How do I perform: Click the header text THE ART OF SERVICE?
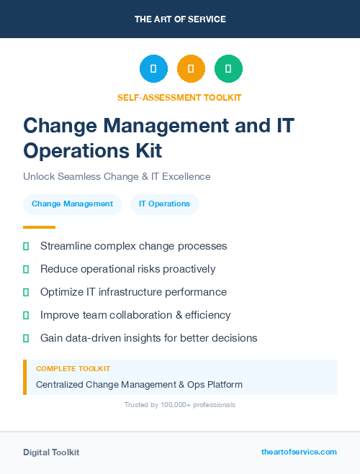tap(180, 19)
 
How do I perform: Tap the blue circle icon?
tap(153, 69)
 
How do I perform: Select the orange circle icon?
tap(191, 69)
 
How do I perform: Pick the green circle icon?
tap(228, 69)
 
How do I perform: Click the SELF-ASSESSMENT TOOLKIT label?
tap(179, 97)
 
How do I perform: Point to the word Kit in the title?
tap(144, 150)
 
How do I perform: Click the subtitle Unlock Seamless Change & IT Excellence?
tap(117, 176)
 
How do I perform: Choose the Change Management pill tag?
tap(72, 204)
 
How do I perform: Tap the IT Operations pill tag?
tap(164, 204)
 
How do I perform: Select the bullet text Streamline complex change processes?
tap(133, 246)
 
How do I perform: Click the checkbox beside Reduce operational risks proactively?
tap(26, 269)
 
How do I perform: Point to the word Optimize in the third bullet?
tap(62, 292)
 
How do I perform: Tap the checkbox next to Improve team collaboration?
tap(26, 315)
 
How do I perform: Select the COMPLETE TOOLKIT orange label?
tap(73, 368)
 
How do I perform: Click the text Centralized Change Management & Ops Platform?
tap(139, 385)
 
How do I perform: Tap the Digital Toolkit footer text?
tap(51, 452)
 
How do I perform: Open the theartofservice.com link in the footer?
tap(299, 452)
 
